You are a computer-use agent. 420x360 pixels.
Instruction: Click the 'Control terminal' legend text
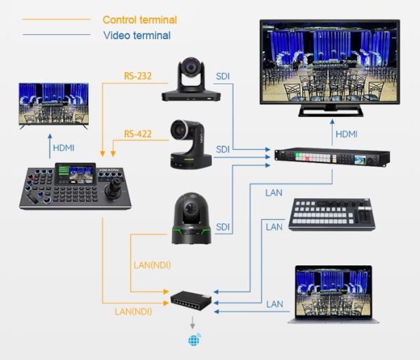click(139, 20)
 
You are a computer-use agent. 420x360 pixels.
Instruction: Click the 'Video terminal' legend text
click(136, 35)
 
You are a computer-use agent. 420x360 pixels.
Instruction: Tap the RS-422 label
click(138, 134)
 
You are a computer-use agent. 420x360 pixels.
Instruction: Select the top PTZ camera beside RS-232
click(189, 78)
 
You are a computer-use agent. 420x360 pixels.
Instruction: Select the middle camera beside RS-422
click(190, 144)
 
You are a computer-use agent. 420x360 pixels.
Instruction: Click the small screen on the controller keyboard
click(75, 172)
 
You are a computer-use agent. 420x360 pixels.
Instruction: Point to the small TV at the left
click(53, 105)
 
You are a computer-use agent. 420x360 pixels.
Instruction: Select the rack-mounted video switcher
click(328, 158)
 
